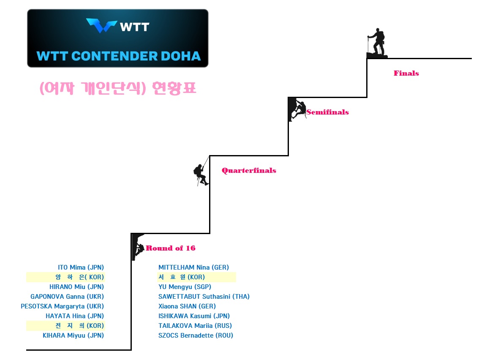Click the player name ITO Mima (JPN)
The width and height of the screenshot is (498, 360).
point(81,267)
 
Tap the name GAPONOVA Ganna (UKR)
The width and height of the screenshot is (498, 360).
point(67,297)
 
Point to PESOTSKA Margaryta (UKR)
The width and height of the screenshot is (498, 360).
point(62,306)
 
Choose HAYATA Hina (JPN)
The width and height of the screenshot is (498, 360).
point(75,316)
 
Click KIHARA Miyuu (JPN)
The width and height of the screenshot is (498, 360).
point(73,335)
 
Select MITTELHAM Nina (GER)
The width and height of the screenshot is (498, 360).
point(193,267)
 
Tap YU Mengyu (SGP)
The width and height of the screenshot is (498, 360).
point(185,287)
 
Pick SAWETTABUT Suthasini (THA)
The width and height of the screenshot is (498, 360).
point(204,297)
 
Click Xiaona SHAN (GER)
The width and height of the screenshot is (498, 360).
point(187,306)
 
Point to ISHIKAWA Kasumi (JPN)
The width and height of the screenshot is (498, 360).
point(194,316)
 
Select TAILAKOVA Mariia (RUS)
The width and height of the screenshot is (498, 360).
point(195,326)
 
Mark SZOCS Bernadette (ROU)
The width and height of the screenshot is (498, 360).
point(196,335)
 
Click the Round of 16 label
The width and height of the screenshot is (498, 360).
point(171,248)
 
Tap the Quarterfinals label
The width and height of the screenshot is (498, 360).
point(249,171)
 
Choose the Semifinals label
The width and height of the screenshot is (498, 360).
point(327,112)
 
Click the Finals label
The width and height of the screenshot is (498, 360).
point(406,74)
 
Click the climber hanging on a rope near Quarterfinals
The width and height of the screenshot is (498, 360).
point(200,174)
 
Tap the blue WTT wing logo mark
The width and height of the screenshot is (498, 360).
point(101,26)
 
